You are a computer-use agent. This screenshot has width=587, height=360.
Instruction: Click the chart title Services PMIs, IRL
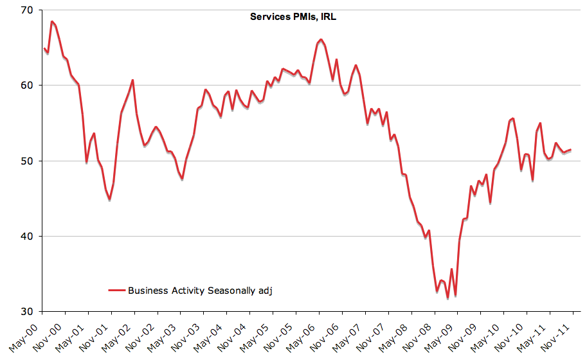(x=293, y=17)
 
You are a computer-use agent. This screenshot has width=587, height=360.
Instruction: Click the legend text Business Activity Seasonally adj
(x=201, y=291)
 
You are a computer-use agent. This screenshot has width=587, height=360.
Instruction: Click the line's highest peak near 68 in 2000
(x=51, y=22)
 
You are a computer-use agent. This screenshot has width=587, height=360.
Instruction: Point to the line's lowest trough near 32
(x=447, y=298)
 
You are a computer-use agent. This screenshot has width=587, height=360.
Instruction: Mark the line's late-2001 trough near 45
(x=109, y=200)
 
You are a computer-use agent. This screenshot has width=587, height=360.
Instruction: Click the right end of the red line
(x=570, y=150)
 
